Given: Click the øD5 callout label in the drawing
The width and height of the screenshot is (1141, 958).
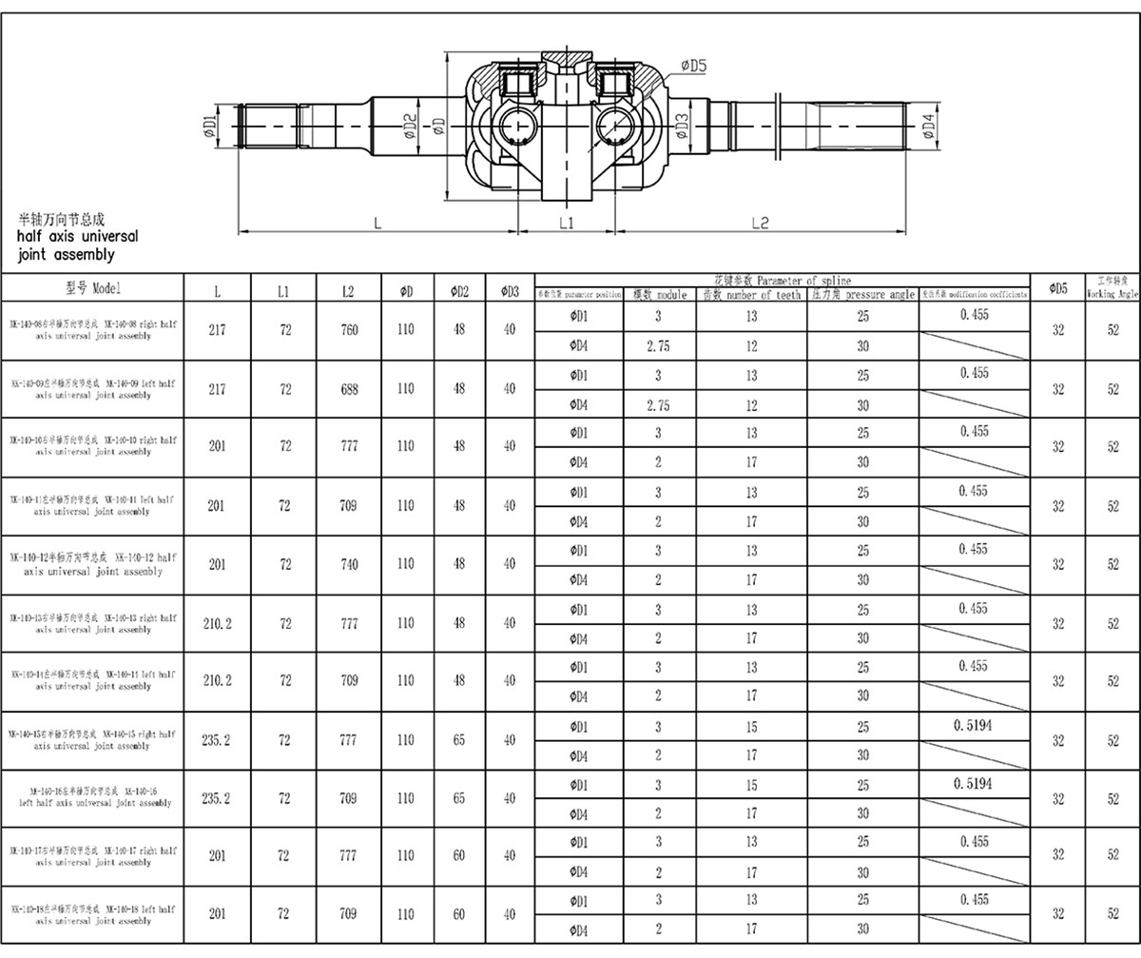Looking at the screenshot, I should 694,66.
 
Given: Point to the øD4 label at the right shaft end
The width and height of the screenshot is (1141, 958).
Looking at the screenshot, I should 929,124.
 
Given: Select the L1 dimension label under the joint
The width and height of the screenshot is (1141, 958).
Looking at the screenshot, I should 567,222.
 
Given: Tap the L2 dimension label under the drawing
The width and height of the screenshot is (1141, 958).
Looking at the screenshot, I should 760,222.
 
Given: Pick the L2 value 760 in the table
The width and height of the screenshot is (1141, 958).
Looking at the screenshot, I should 349,331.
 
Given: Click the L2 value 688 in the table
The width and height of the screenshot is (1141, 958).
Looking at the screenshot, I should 349,389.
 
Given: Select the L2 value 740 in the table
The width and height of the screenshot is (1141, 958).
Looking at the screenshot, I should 349,564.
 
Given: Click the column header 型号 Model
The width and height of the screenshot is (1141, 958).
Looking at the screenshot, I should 93,288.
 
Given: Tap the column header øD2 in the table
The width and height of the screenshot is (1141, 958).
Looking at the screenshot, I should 459,292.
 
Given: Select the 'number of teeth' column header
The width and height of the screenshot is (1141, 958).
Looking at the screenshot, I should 751,295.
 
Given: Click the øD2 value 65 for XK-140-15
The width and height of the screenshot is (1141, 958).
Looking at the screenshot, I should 459,739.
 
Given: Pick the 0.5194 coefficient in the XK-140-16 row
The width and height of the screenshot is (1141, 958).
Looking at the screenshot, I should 973,784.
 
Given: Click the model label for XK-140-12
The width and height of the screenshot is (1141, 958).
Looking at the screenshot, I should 93,564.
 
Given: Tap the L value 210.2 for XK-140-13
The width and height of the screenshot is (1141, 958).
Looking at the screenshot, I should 218,623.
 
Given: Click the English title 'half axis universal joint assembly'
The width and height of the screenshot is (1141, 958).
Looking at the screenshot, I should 78,244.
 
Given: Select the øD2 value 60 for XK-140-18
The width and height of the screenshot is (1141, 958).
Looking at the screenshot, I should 459,914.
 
